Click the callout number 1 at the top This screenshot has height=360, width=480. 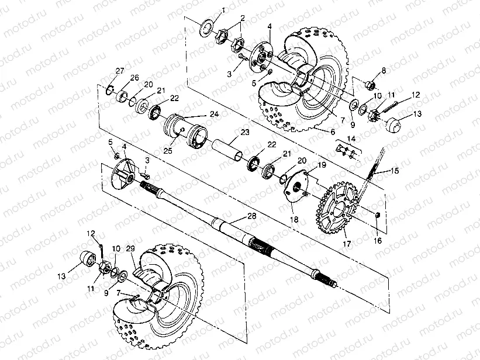(222, 11)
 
